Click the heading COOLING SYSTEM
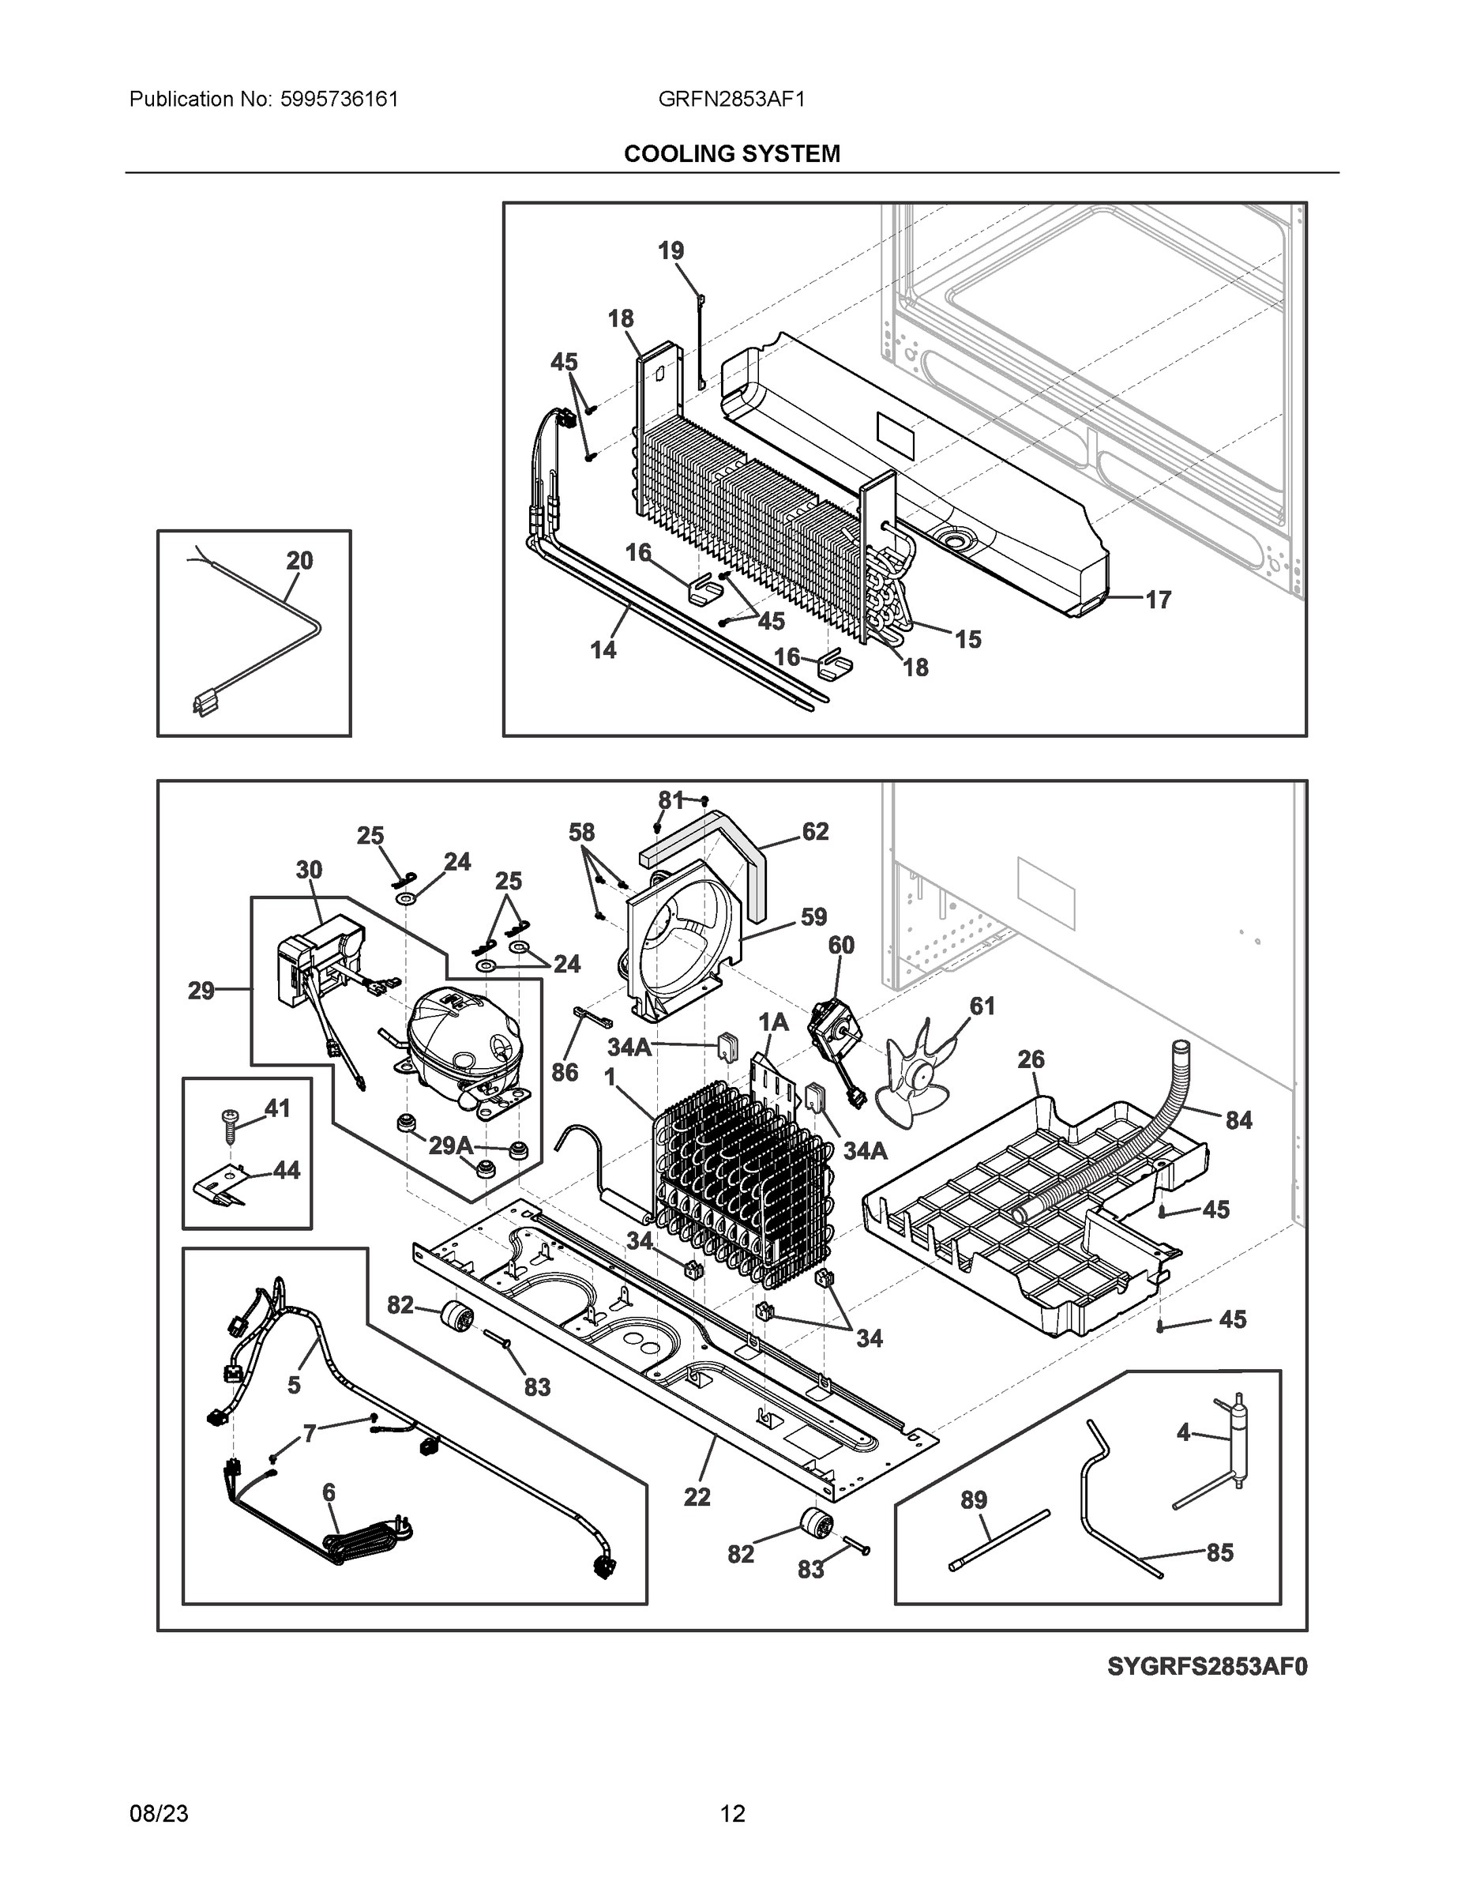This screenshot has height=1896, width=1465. pyautogui.click(x=731, y=154)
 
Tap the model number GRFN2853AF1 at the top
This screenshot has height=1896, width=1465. pyautogui.click(x=731, y=99)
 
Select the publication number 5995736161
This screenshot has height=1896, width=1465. pyautogui.click(x=340, y=99)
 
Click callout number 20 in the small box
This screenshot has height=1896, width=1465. pyautogui.click(x=299, y=561)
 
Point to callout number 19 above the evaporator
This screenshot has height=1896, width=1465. pyautogui.click(x=670, y=251)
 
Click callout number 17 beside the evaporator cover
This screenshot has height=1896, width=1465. pyautogui.click(x=1158, y=599)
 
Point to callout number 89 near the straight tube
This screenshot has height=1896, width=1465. pyautogui.click(x=974, y=1500)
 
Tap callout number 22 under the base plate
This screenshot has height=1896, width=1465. pyautogui.click(x=697, y=1497)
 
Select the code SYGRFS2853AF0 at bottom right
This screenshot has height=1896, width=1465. pyautogui.click(x=1207, y=1667)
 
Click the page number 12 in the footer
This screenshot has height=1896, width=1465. pyautogui.click(x=733, y=1814)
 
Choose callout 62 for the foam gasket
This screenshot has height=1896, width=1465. pyautogui.click(x=814, y=832)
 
